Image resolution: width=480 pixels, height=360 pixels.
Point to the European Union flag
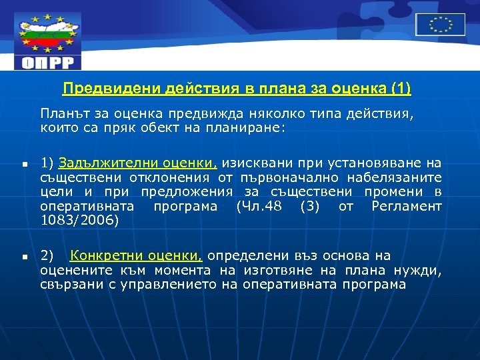pos(440,25)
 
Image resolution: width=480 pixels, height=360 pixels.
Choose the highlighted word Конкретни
pos(102,255)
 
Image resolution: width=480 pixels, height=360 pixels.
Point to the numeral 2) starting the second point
pos(47,256)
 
